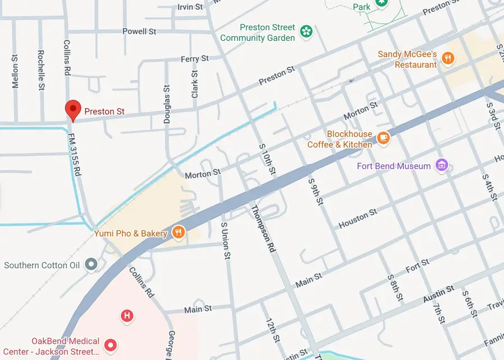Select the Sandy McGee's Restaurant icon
(447, 58)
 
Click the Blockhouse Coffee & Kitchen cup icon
(383, 138)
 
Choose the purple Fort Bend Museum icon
(442, 166)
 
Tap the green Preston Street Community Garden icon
(306, 31)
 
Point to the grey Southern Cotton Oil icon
(91, 265)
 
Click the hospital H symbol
(127, 316)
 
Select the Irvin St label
(190, 7)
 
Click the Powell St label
(139, 31)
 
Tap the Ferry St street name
(194, 59)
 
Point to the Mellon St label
(15, 72)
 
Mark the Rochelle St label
(41, 71)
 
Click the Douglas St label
(166, 104)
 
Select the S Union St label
(226, 239)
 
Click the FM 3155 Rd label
(74, 156)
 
